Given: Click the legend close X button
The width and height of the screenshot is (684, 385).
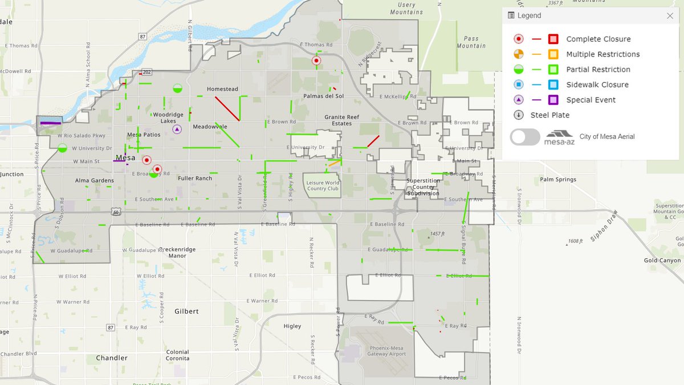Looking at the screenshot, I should [670, 16].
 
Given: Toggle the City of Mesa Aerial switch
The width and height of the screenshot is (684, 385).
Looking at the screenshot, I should [525, 137].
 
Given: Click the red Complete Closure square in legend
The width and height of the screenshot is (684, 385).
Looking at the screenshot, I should [553, 39].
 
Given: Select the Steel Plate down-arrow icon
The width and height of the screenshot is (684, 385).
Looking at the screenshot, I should [519, 115].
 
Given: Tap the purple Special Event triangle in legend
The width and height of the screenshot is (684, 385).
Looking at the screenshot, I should [519, 100].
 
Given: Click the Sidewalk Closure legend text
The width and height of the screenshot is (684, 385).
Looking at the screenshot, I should [597, 85].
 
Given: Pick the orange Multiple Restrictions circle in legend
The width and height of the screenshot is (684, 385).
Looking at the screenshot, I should [519, 55].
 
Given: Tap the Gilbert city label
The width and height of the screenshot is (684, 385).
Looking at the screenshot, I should [187, 311].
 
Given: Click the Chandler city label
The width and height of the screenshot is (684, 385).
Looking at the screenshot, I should [112, 358].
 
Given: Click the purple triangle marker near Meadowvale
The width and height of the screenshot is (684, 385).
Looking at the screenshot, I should [177, 129].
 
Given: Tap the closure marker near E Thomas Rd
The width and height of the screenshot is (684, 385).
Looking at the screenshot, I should [316, 60].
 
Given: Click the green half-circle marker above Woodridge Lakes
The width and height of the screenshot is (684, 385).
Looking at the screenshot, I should [177, 88].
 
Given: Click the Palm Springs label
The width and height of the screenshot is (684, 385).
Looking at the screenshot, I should [558, 180].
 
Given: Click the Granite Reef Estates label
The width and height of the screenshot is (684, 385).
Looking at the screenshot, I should [342, 120].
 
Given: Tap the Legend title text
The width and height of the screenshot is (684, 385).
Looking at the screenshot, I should [529, 16].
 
